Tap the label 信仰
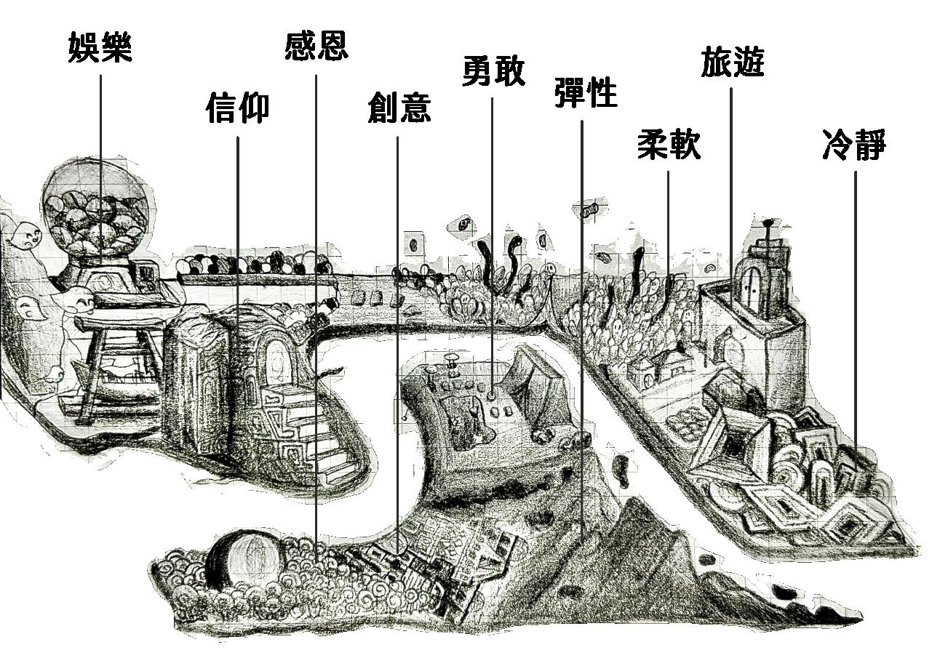(237, 108)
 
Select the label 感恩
(316, 45)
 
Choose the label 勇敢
(493, 71)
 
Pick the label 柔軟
(668, 144)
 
